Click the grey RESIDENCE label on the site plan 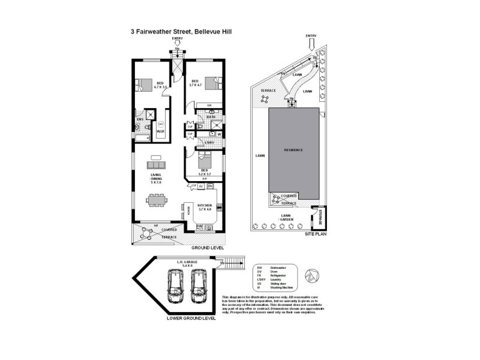coord(293,150)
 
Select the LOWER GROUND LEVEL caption coord(191,319)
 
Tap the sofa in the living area coord(158,164)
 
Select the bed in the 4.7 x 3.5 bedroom coord(144,84)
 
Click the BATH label coord(211,116)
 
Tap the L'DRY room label coord(209,142)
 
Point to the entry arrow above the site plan coord(310,41)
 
